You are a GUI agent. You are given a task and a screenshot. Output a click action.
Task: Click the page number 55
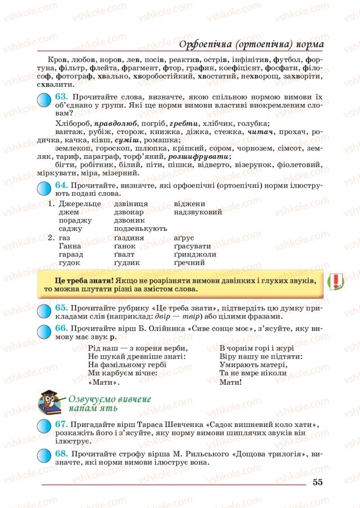tap(317, 482)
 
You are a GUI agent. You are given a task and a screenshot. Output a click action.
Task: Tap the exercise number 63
tap(61, 96)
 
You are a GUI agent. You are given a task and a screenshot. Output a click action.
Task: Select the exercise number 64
tap(61, 185)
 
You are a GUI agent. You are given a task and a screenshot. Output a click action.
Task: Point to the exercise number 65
tap(61, 307)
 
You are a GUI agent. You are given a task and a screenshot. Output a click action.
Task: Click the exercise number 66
tap(61, 328)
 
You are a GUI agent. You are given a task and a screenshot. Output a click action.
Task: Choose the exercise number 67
tap(61, 424)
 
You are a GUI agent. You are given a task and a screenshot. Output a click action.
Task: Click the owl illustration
tap(51, 401)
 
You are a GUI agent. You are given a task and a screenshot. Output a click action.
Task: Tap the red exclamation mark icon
tap(336, 282)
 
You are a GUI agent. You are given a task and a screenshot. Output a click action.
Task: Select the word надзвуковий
tap(198, 212)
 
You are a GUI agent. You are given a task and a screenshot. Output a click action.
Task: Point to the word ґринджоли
tap(195, 254)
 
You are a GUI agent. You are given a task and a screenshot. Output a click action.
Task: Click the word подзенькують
tap(140, 229)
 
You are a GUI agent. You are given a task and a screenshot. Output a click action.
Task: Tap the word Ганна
tap(70, 246)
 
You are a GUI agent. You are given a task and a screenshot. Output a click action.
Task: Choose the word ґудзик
tap(127, 263)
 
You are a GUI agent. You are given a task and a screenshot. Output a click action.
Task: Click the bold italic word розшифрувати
tap(198, 157)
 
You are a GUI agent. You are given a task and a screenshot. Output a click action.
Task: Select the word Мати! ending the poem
tap(230, 382)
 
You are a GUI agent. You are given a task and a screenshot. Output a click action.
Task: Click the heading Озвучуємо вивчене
tap(109, 399)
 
